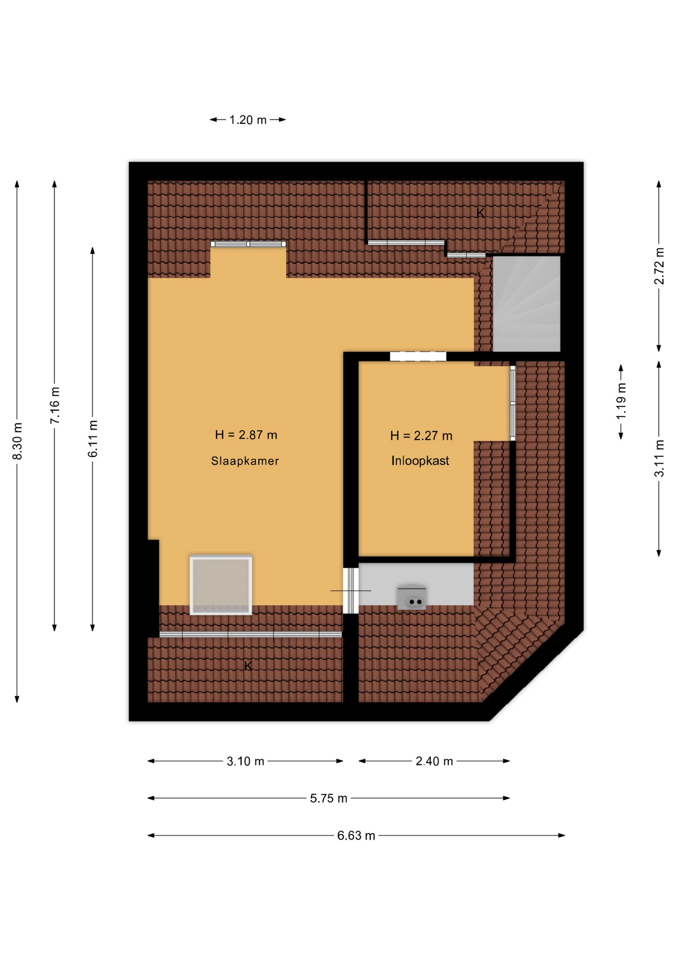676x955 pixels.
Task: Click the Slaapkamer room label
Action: [244, 461]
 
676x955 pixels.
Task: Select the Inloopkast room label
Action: [420, 461]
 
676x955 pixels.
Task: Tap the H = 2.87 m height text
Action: [246, 435]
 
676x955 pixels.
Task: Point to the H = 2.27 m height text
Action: [421, 436]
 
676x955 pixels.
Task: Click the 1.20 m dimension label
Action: [248, 120]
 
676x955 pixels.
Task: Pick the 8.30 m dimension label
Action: [17, 441]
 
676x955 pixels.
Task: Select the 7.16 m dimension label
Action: [55, 405]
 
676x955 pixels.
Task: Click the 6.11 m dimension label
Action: [93, 439]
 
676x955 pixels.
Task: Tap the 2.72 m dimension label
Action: [659, 266]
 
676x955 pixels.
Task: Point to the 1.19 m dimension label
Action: [621, 402]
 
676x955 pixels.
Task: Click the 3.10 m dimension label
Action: [245, 762]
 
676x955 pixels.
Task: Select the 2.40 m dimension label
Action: [434, 762]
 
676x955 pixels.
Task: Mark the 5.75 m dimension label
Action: [329, 799]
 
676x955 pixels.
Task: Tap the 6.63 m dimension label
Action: [356, 836]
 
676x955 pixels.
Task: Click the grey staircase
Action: [527, 304]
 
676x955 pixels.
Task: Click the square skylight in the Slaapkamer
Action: [221, 585]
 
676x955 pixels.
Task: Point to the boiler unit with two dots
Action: [412, 597]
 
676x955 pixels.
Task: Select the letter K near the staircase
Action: [480, 213]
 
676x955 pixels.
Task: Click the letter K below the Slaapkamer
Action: [248, 666]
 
